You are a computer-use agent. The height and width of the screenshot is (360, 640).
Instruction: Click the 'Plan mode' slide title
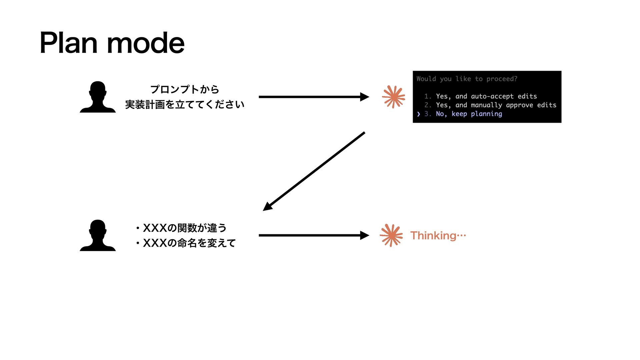(x=112, y=43)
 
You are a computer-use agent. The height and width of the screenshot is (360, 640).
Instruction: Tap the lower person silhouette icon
(x=98, y=235)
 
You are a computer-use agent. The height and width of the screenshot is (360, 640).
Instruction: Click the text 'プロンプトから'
(x=185, y=89)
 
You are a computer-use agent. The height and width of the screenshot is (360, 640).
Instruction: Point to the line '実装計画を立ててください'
(x=185, y=105)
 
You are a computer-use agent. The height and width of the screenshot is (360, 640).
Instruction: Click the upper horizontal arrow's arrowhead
(x=365, y=97)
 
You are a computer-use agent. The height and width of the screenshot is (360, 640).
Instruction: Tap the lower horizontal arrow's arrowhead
(x=365, y=235)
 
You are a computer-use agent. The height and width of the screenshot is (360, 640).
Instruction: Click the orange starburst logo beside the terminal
(x=394, y=97)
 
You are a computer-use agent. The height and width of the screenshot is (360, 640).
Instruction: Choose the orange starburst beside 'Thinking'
(x=391, y=235)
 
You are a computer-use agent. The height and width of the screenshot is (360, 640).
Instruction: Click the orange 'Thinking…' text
(x=438, y=236)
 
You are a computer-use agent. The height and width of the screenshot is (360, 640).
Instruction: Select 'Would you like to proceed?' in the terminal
(x=467, y=79)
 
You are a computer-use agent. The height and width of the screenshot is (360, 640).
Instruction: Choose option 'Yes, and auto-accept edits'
(x=486, y=96)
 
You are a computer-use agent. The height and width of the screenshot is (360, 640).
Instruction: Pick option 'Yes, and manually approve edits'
(x=496, y=105)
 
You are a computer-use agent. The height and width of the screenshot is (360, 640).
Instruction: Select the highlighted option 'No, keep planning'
(x=469, y=114)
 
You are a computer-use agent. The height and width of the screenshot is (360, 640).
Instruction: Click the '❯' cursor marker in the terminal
(x=419, y=114)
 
